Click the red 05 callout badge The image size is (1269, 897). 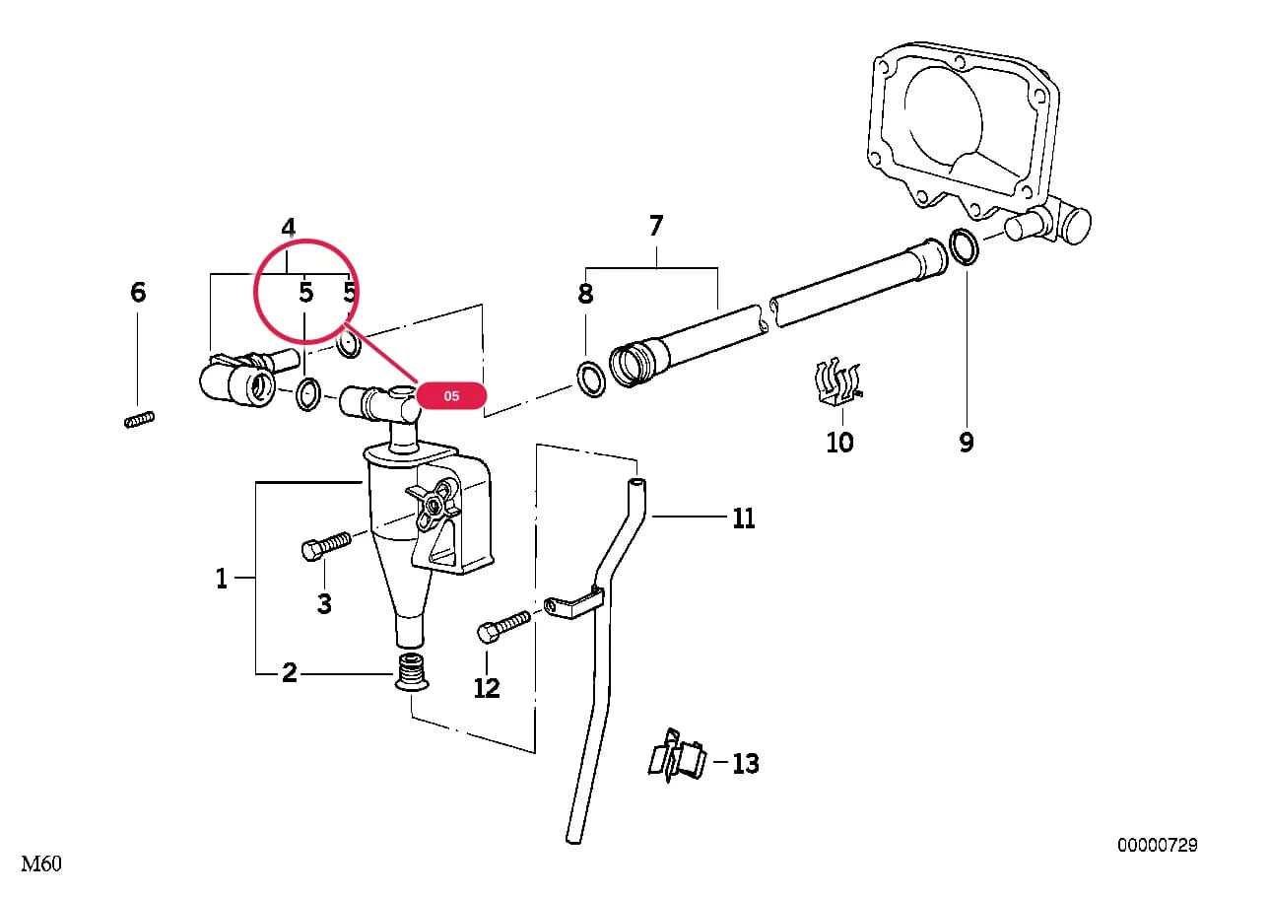coord(451,395)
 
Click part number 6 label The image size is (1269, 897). coord(138,293)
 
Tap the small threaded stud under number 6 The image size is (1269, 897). coord(139,420)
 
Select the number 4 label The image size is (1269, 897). coord(289,228)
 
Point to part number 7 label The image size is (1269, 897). coord(656,226)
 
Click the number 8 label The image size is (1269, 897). coord(585,294)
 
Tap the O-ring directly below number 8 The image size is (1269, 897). coord(591,378)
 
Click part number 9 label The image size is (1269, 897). coord(967,442)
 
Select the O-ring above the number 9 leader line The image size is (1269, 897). coord(964,246)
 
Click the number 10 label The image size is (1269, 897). coord(839,442)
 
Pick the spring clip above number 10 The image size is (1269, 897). coord(837,382)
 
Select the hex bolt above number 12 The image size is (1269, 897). coord(503,626)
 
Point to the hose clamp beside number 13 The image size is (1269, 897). coord(677,755)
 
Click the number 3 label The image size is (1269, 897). coord(324,604)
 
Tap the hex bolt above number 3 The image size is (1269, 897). coord(326,546)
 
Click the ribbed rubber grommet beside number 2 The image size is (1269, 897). coord(411,672)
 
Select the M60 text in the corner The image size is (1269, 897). coord(41,863)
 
